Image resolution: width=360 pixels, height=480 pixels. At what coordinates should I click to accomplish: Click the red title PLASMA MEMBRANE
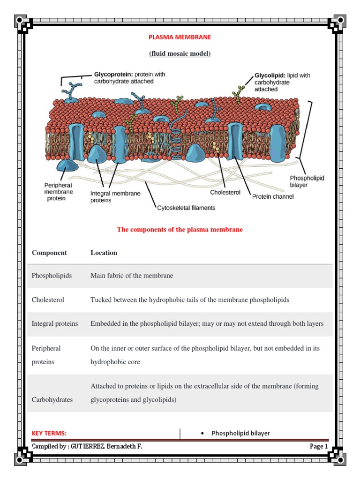(180, 37)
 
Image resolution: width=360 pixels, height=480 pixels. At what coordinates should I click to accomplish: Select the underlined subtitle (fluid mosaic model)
(180, 53)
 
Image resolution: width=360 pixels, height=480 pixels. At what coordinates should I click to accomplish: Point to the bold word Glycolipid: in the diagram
(270, 75)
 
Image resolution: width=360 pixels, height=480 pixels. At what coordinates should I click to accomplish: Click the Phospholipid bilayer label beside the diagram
(307, 182)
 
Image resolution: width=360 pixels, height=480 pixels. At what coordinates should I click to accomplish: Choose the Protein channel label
(273, 197)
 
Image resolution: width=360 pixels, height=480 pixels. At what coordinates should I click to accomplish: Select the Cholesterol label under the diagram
(225, 192)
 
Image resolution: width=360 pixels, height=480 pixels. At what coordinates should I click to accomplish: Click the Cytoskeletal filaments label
(186, 208)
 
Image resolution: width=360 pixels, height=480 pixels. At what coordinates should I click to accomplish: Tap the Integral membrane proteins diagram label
(115, 197)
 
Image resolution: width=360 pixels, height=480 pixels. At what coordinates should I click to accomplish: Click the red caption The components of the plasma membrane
(180, 230)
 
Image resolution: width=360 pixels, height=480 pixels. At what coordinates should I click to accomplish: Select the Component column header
(49, 253)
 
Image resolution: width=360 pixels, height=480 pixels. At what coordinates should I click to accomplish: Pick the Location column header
(104, 253)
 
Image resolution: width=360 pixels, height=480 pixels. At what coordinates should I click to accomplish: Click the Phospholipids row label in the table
(52, 276)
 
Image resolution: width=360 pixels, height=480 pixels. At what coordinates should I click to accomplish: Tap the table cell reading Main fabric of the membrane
(132, 276)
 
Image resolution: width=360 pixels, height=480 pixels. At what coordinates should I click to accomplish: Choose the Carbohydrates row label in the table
(52, 399)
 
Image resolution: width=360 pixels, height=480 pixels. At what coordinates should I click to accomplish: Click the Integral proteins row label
(55, 323)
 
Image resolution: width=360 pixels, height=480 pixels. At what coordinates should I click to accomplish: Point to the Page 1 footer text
(319, 447)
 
